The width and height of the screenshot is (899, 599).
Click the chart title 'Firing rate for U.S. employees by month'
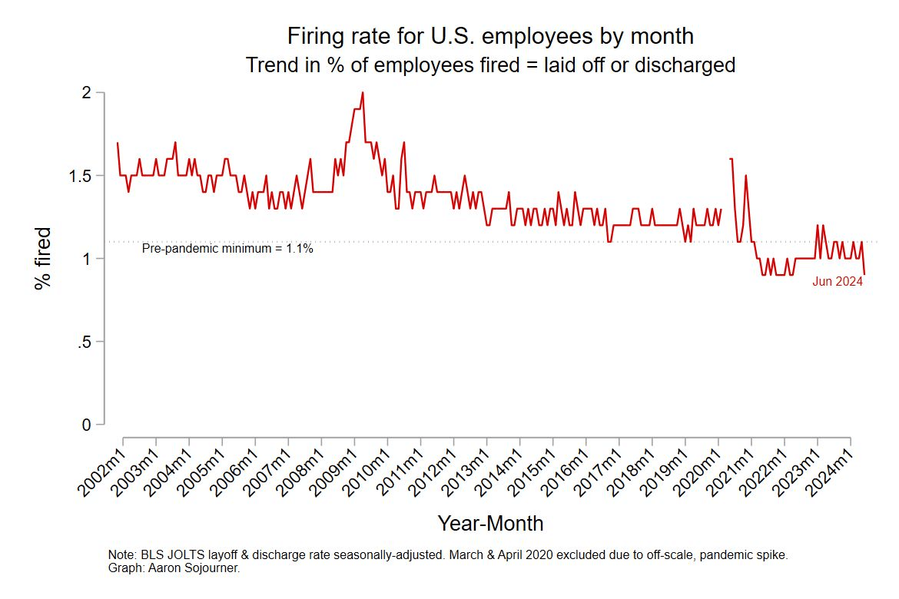(x=490, y=36)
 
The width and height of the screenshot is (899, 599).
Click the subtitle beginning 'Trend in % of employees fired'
(x=490, y=65)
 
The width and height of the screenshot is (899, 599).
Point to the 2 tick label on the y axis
(x=87, y=92)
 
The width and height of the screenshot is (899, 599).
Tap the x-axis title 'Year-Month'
(x=490, y=524)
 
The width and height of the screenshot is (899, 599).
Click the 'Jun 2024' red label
(x=838, y=282)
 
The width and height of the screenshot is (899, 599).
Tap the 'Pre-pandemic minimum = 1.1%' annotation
(x=227, y=250)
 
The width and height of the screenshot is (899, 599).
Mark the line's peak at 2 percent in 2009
(x=362, y=93)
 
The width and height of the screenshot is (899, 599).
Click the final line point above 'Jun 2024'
(x=864, y=273)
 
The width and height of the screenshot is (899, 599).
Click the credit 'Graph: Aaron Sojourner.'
(x=164, y=569)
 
